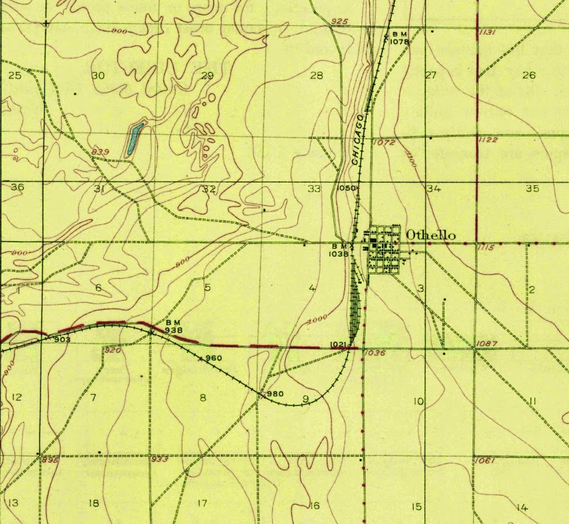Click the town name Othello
(x=430, y=235)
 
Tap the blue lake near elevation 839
(x=133, y=140)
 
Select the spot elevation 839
(x=100, y=151)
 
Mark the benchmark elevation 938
(x=174, y=330)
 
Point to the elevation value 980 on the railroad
(x=275, y=394)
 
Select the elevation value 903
(x=62, y=339)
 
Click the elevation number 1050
(x=346, y=188)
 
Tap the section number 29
(x=207, y=76)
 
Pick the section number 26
(x=529, y=75)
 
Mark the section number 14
(x=521, y=508)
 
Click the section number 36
(x=17, y=187)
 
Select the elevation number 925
(x=339, y=22)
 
